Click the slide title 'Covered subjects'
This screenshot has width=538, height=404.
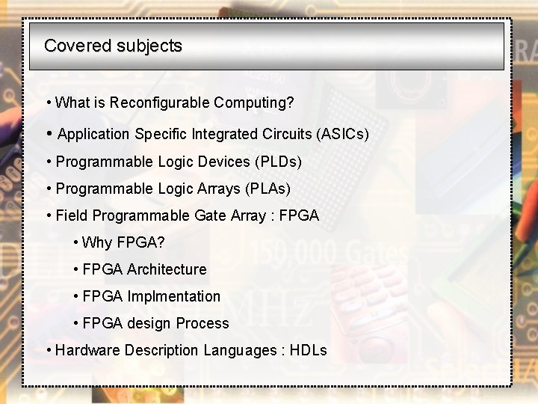tap(113, 46)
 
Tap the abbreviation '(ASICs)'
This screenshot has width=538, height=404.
tap(343, 135)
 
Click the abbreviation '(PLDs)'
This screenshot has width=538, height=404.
tap(278, 162)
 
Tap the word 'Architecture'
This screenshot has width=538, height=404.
tap(167, 269)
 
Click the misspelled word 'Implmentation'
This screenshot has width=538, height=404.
tap(174, 296)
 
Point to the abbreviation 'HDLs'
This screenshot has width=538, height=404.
tap(308, 350)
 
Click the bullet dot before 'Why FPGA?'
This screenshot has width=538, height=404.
tap(76, 242)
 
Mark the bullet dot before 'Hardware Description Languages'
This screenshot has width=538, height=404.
tap(49, 350)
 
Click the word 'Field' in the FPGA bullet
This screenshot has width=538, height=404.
tap(72, 215)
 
